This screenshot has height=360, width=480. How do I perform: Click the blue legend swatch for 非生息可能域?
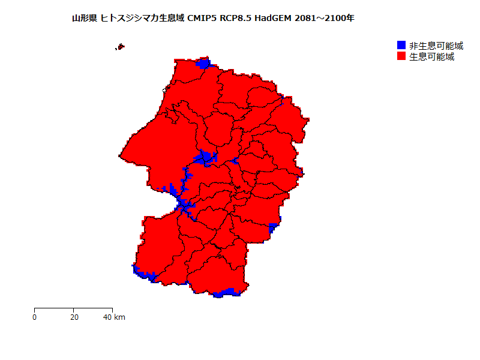click(401, 46)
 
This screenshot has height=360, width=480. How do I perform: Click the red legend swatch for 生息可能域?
click(401, 56)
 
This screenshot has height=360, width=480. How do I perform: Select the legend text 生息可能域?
click(431, 56)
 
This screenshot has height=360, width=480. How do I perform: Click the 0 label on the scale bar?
click(35, 317)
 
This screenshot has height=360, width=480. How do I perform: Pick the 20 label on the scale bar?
click(73, 317)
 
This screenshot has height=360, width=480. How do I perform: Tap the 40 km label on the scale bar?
click(114, 317)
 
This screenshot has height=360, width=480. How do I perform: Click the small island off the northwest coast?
click(121, 46)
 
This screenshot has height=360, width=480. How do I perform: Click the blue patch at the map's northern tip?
click(204, 64)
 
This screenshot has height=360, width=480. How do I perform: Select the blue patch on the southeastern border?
click(272, 228)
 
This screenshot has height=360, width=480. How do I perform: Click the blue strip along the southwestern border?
click(145, 275)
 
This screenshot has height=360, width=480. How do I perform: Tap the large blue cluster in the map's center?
click(205, 158)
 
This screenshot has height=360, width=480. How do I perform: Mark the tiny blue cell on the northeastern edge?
click(281, 103)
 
